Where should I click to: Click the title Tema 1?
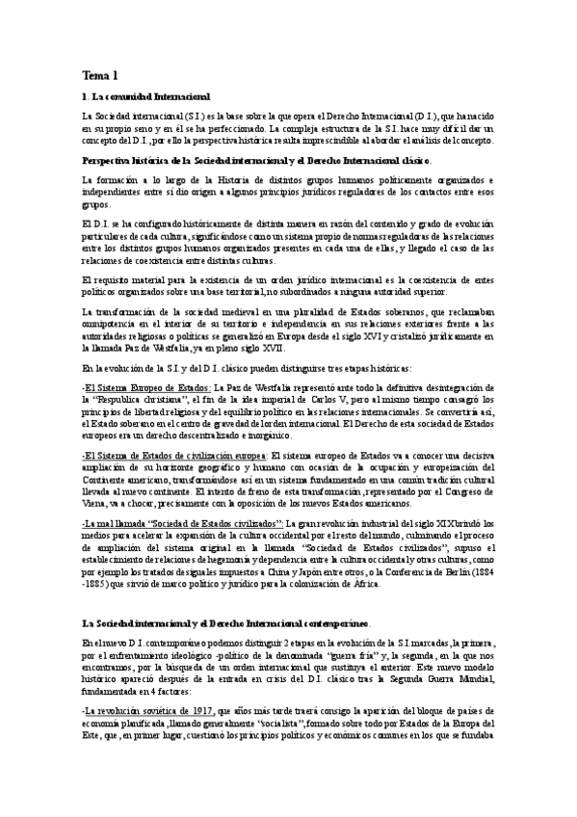pyautogui.click(x=100, y=74)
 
